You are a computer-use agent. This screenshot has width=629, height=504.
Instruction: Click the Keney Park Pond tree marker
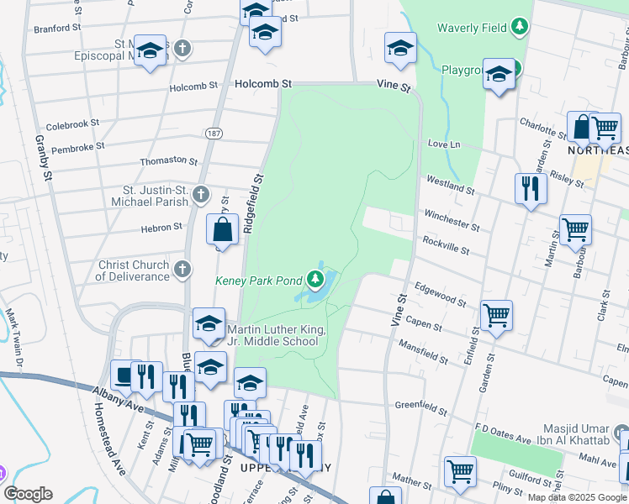315,278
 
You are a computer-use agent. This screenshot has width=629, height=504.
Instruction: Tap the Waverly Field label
472,28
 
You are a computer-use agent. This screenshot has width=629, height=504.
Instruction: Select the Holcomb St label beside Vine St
263,84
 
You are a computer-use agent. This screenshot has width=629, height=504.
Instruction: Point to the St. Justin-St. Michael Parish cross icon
200,195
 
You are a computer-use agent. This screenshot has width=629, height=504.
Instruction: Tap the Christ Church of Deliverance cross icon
182,270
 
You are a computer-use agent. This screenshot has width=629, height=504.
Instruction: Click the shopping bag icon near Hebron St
223,229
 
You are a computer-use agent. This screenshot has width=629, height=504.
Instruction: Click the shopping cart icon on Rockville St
575,228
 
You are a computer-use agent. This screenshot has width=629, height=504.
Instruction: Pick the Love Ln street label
444,144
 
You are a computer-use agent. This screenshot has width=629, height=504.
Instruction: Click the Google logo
29,494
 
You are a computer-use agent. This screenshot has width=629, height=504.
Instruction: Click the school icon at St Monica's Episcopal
150,52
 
